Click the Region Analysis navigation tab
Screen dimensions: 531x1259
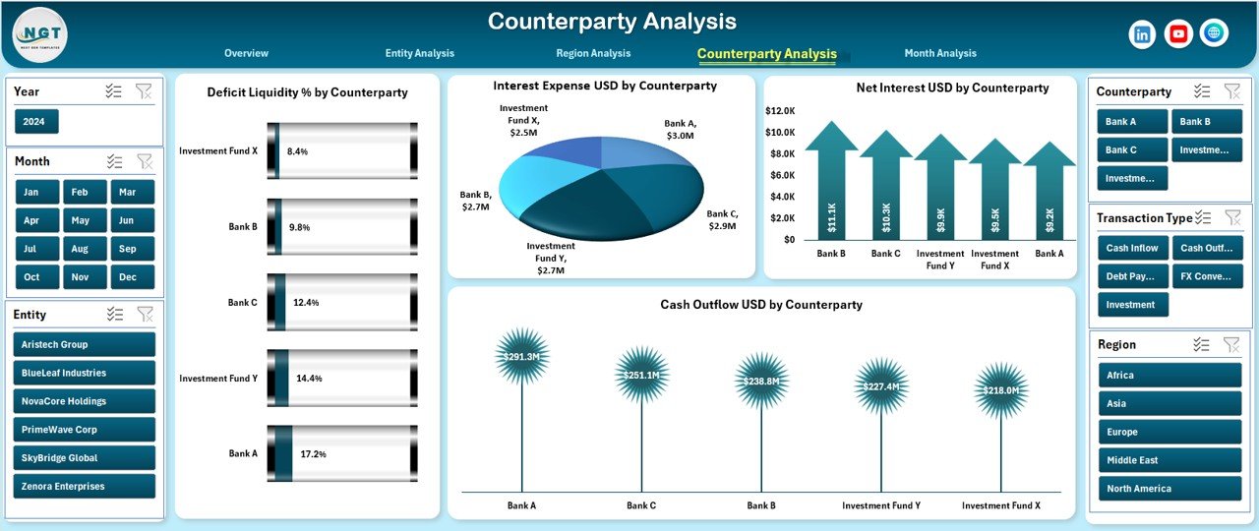593,53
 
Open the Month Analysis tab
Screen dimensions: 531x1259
940,53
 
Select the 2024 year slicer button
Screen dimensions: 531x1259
37,122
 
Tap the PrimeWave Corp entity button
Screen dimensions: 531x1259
85,430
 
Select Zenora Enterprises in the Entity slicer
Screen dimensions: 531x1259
85,487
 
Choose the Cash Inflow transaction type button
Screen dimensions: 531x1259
1131,249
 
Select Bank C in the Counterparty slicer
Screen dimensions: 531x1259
1131,150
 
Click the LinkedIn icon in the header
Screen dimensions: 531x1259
1142,34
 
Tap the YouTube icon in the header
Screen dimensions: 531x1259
1178,34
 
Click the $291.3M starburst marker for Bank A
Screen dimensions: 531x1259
521,356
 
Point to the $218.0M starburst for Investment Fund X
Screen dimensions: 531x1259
1000,390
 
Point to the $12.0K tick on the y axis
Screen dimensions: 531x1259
780,111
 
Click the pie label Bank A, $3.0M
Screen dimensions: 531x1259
680,129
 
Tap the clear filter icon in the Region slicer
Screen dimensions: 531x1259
1230,344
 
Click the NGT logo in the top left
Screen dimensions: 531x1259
40,33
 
